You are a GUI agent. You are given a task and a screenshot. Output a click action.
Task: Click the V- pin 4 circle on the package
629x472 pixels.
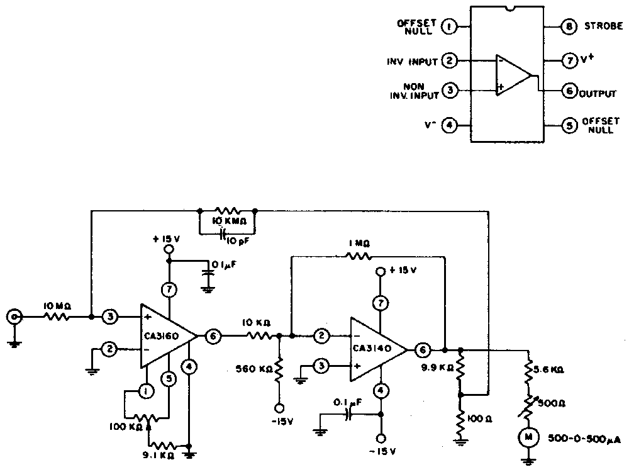[x=449, y=125]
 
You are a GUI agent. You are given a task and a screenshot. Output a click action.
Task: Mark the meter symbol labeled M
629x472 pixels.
[x=526, y=435]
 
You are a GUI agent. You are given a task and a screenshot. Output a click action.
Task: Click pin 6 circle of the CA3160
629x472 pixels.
[x=213, y=337]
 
